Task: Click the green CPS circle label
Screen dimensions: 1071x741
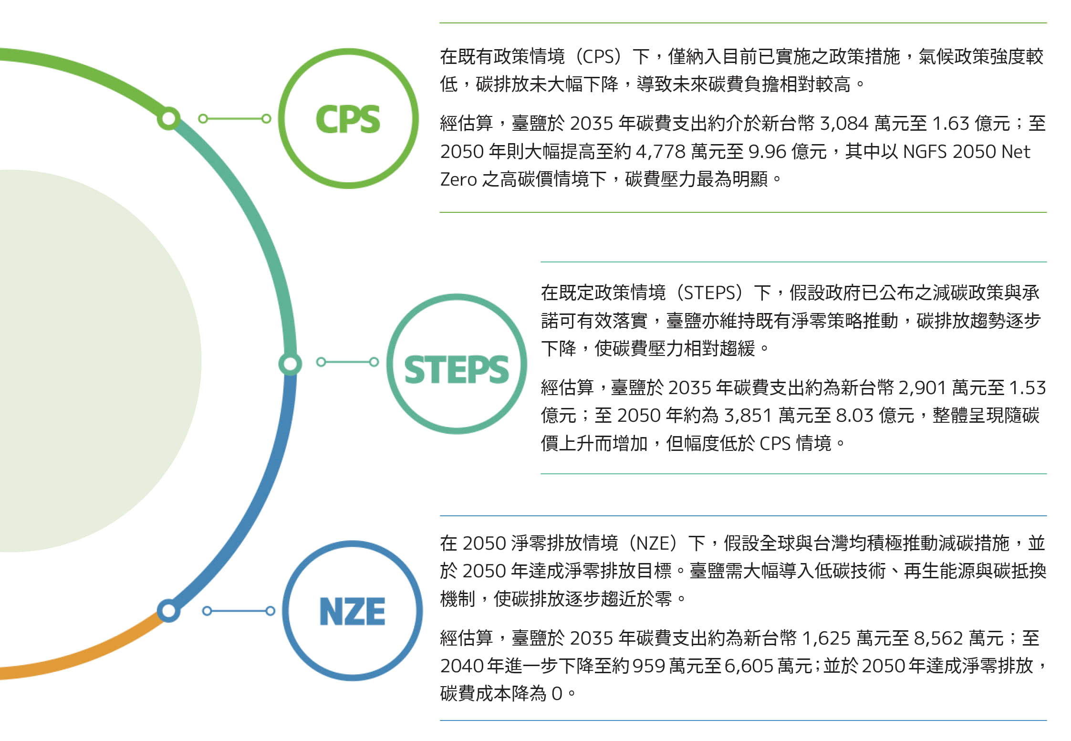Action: coord(348,118)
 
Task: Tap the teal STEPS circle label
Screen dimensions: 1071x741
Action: coord(457,364)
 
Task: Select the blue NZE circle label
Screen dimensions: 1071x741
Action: coord(352,611)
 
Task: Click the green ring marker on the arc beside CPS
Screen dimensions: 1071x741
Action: coord(168,118)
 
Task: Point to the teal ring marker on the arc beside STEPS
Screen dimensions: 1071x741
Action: coord(290,364)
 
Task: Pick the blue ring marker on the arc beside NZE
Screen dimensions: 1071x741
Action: coord(168,610)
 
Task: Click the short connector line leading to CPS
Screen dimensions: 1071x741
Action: coord(235,118)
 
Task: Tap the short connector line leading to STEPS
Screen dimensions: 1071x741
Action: coord(347,362)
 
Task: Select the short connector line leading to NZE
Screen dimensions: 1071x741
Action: coord(239,611)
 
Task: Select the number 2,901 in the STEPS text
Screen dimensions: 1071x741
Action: coord(922,388)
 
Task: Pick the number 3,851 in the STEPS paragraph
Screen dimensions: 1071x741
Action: coord(748,416)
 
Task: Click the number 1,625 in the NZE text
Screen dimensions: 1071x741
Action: coord(827,638)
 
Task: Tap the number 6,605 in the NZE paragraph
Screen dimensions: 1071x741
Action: coord(749,666)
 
